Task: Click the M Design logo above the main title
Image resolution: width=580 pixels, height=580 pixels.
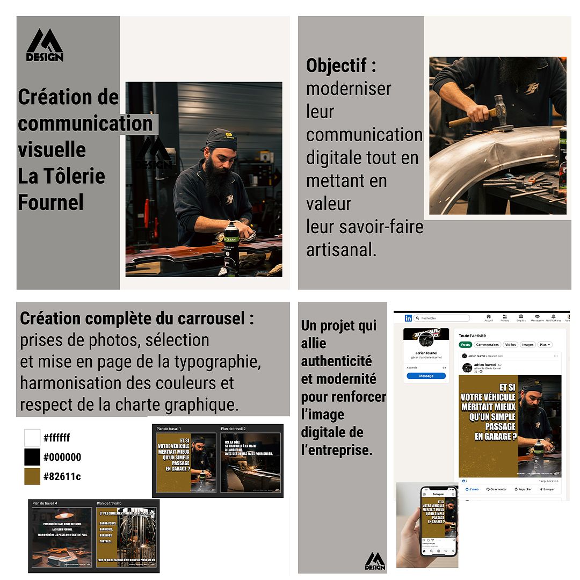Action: [45, 46]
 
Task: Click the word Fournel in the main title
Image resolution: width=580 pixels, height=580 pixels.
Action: [51, 203]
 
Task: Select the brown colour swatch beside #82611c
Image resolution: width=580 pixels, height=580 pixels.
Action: [32, 476]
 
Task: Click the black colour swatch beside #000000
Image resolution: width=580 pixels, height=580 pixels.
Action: [32, 457]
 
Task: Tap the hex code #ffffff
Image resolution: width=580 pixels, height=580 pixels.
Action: [56, 438]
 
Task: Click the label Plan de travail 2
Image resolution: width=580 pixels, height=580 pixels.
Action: [233, 429]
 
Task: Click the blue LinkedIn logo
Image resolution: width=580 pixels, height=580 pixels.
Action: [408, 318]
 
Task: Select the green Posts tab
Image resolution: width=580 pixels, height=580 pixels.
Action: [466, 345]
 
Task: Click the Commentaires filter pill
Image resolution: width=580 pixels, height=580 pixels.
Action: [487, 345]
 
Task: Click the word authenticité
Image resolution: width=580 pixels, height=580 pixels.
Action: [336, 361]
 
